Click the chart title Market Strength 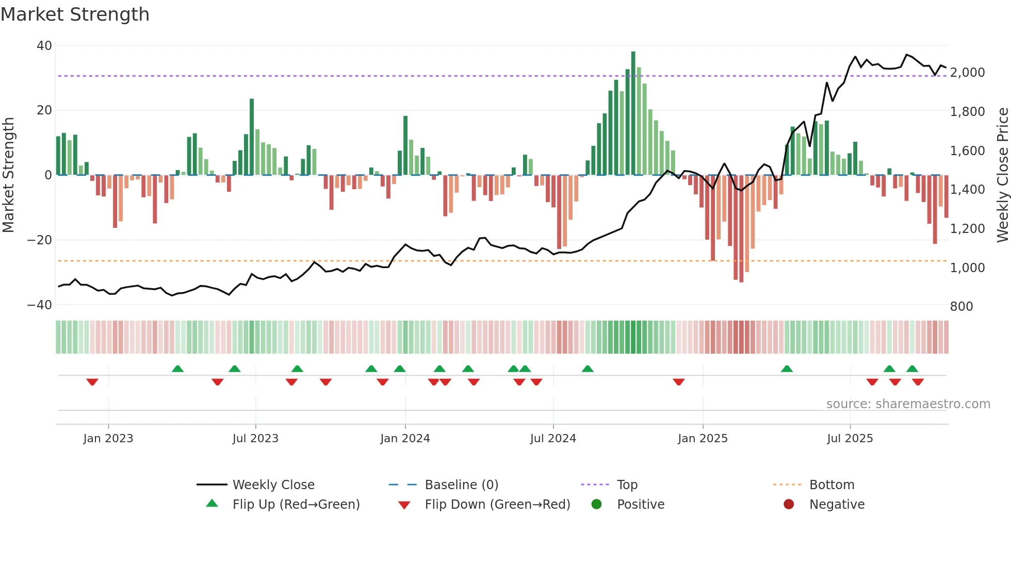[x=75, y=14]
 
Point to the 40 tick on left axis [x=44, y=46]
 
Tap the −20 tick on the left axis [x=40, y=240]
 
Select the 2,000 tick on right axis [x=967, y=73]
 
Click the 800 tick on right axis [x=961, y=307]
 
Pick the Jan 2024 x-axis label [x=405, y=439]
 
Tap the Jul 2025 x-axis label [x=850, y=439]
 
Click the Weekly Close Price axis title [x=1002, y=175]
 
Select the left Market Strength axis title [x=9, y=175]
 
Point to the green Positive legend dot [x=596, y=505]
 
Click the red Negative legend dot [x=789, y=505]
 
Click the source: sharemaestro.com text [x=908, y=404]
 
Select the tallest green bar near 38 [x=633, y=113]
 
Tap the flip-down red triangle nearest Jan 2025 [x=679, y=382]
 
